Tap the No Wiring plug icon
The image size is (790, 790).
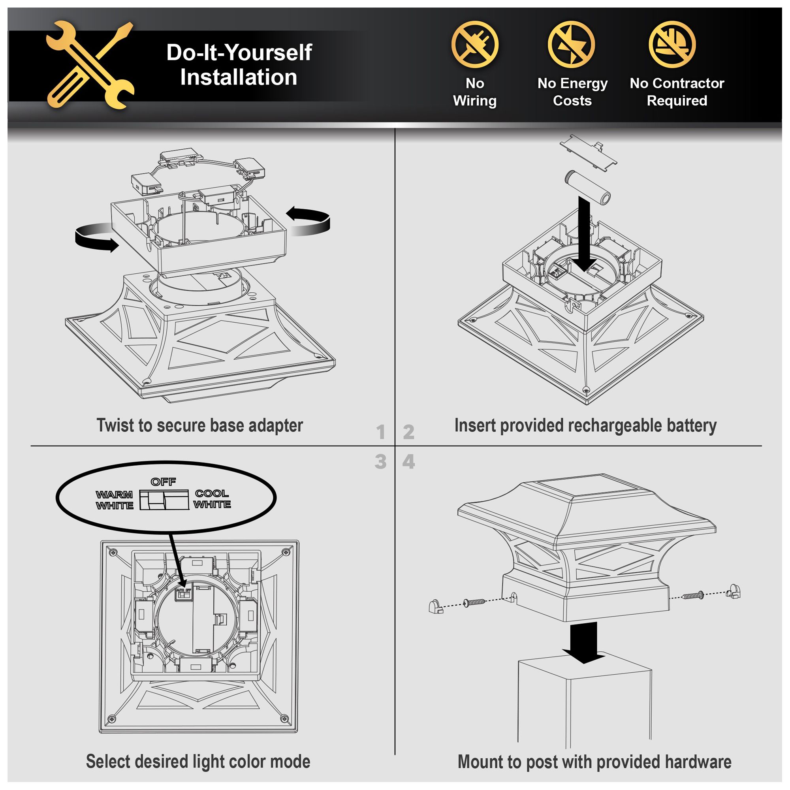coord(475,44)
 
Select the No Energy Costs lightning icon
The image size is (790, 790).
coord(571,44)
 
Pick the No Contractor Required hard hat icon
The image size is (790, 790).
coord(672,44)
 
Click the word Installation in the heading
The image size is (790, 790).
coord(239,77)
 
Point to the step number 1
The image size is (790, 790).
coord(381,432)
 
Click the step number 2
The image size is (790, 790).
coord(408,432)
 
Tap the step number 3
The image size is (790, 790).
coord(381,462)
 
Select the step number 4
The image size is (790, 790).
coord(408,462)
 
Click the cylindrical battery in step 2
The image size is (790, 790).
coord(588,187)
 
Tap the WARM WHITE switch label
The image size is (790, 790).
coord(115,500)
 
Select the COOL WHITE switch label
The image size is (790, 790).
coord(212,499)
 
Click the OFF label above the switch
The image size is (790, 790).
coord(164,482)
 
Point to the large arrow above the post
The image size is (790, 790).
coord(584,642)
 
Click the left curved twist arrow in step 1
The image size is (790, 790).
coord(95,239)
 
